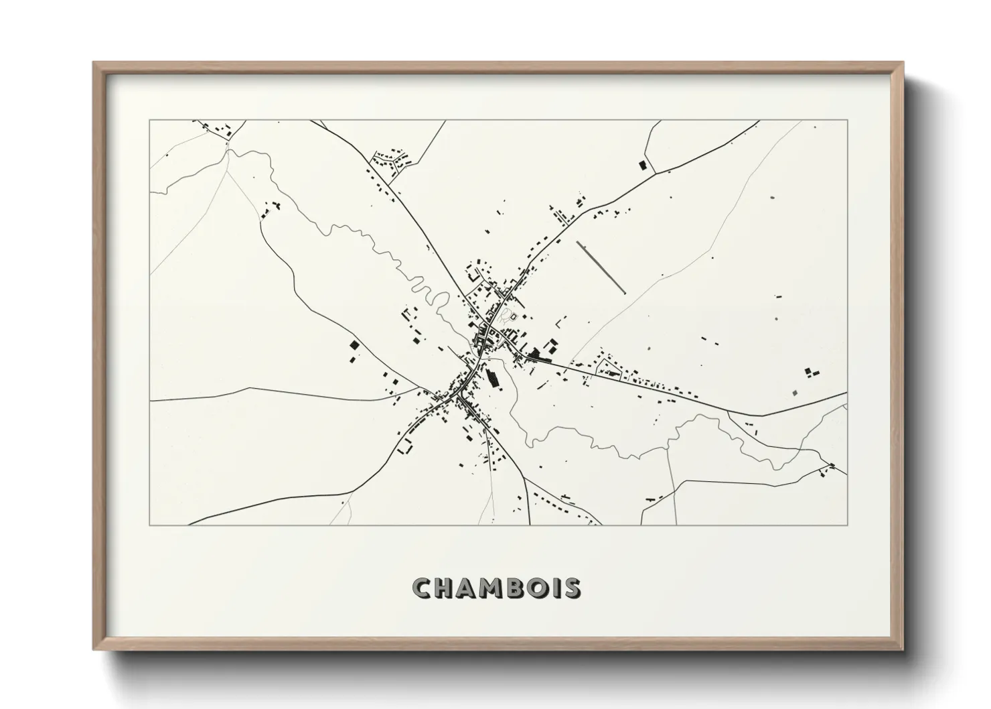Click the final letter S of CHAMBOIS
tap(573, 588)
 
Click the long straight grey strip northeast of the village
tap(601, 267)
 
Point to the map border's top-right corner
tap(847, 121)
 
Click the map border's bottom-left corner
tap(150, 525)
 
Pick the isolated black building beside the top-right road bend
tap(643, 164)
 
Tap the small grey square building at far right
tap(795, 393)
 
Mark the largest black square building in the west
tap(354, 345)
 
